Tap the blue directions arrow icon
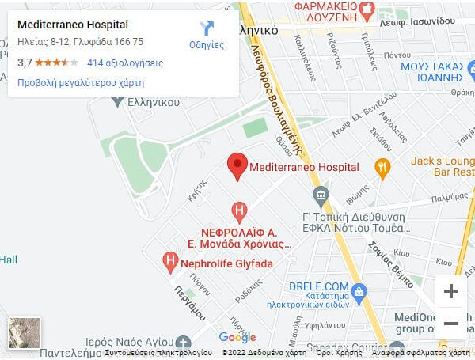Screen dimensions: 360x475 [x=207, y=28]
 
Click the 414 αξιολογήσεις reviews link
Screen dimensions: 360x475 [x=125, y=63]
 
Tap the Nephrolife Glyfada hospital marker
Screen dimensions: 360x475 [x=169, y=260]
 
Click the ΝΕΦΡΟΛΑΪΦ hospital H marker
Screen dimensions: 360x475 [x=239, y=211]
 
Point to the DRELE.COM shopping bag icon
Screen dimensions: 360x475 [x=358, y=292]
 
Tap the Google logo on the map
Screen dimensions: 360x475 [x=237, y=338]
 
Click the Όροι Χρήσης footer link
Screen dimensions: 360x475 [x=331, y=353]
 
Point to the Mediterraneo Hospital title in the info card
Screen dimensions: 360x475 [x=73, y=25]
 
